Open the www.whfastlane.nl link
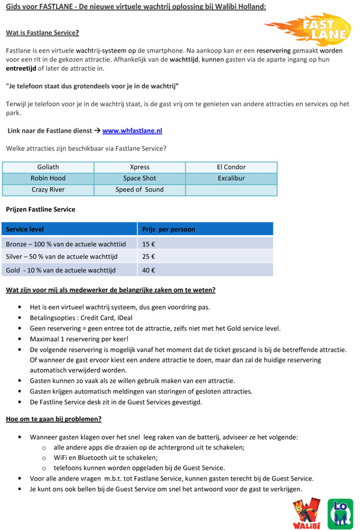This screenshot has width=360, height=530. pyautogui.click(x=132, y=130)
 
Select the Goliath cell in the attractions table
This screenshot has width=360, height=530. pyautogui.click(x=48, y=167)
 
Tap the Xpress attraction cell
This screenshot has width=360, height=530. pyautogui.click(x=139, y=167)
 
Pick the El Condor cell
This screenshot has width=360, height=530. pyautogui.click(x=231, y=167)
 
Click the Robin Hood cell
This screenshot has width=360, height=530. pyautogui.click(x=48, y=179)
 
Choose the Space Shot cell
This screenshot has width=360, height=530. pyautogui.click(x=139, y=179)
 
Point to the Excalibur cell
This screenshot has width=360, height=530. pyautogui.click(x=231, y=179)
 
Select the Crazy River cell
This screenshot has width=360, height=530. pyautogui.click(x=48, y=190)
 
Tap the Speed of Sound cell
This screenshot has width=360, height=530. pyautogui.click(x=139, y=190)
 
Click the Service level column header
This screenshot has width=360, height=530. pyautogui.click(x=25, y=229)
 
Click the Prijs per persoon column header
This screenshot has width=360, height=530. pyautogui.click(x=168, y=229)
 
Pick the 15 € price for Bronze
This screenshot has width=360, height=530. pyautogui.click(x=148, y=244)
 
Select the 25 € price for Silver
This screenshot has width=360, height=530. pyautogui.click(x=148, y=257)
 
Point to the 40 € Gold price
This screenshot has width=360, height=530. pyautogui.click(x=148, y=270)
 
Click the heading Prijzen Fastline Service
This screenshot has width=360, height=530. pyautogui.click(x=40, y=210)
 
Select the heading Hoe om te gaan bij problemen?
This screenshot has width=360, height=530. pyautogui.click(x=53, y=419)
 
